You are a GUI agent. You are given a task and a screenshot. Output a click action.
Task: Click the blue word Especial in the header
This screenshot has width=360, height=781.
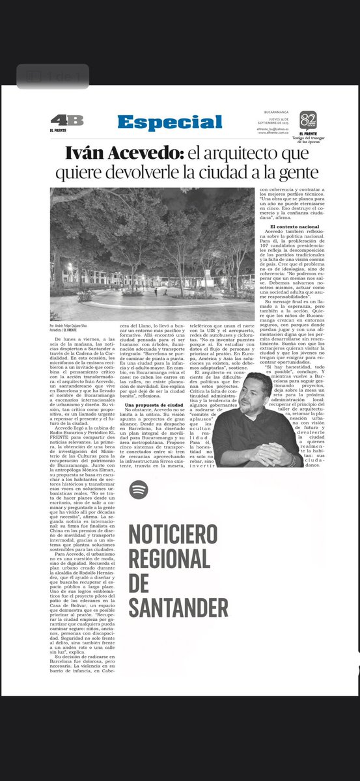point(170,122)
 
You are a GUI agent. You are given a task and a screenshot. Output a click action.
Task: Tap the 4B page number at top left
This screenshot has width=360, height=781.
point(66,120)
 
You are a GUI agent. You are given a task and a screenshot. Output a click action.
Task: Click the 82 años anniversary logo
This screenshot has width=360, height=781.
point(308,120)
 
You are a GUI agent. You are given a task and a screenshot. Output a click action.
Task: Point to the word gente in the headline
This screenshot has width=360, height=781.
point(297,173)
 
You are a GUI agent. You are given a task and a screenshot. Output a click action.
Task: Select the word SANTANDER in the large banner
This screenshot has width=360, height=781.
point(178,607)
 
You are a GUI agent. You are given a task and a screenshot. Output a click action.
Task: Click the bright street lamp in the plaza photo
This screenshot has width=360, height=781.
point(70,267)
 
